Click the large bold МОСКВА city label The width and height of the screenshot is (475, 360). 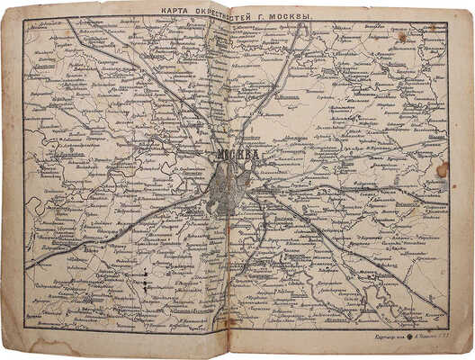[x=237, y=155]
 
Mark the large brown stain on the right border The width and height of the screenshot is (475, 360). [x=442, y=169]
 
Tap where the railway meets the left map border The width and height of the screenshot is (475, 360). [x=27, y=267]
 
